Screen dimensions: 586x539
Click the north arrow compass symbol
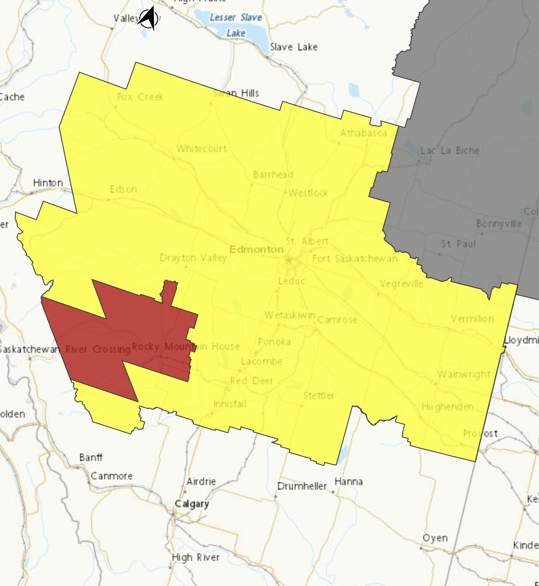pyautogui.click(x=148, y=19)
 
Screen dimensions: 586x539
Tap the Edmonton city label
pyautogui.click(x=256, y=249)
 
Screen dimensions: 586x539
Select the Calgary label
pyautogui.click(x=192, y=504)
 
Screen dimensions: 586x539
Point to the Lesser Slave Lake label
pyautogui.click(x=236, y=25)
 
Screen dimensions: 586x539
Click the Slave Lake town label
pyautogui.click(x=294, y=47)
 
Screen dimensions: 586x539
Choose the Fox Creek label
pyautogui.click(x=140, y=97)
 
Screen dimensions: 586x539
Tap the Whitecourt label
pyautogui.click(x=202, y=149)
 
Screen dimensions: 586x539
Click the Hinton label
pyautogui.click(x=48, y=183)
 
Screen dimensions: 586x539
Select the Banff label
pyautogui.click(x=91, y=457)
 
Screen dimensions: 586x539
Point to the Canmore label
pyautogui.click(x=112, y=476)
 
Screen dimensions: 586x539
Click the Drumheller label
pyautogui.click(x=302, y=486)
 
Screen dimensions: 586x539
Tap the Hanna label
pyautogui.click(x=349, y=481)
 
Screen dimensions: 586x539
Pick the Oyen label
pyautogui.click(x=435, y=538)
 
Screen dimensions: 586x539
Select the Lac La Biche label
pyautogui.click(x=450, y=150)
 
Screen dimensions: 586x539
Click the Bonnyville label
pyautogui.click(x=499, y=223)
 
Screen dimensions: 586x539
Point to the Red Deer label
pyautogui.click(x=252, y=381)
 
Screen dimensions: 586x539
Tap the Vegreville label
pyautogui.click(x=401, y=284)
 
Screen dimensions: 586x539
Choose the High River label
pyautogui.click(x=196, y=558)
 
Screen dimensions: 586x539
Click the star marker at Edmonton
pyautogui.click(x=289, y=260)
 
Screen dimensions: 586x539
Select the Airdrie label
pyautogui.click(x=201, y=481)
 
